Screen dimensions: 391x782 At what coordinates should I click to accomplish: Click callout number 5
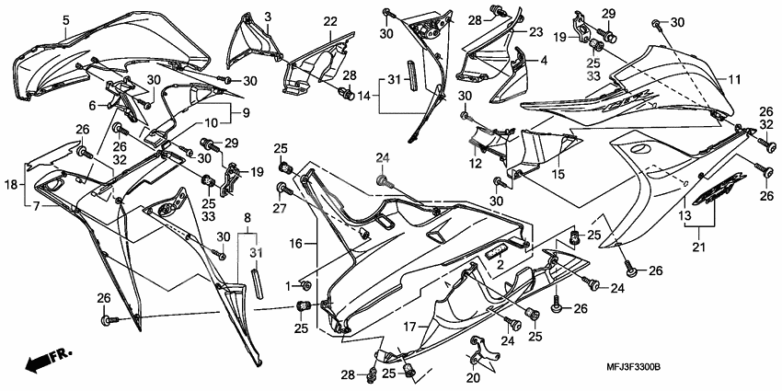(x=66, y=19)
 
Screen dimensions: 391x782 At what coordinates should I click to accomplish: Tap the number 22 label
(x=329, y=21)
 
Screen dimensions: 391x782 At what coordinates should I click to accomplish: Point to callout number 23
(x=535, y=31)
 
